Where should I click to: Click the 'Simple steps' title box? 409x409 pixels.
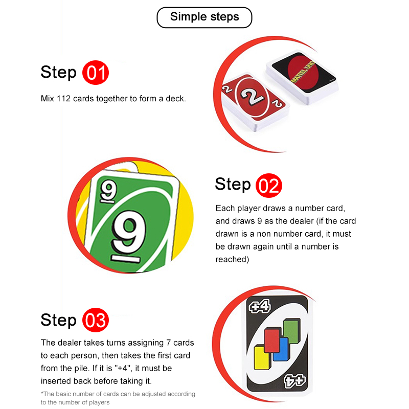[x=204, y=17]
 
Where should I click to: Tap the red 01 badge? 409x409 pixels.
[x=96, y=73]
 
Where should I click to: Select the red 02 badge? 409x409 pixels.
[x=269, y=186]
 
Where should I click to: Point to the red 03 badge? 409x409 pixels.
[x=96, y=320]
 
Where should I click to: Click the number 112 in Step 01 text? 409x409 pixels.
[x=63, y=99]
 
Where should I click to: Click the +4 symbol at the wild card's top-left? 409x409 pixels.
[x=259, y=307]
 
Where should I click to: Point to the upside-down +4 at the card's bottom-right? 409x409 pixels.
[x=295, y=381]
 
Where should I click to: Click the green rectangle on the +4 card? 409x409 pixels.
[x=291, y=331]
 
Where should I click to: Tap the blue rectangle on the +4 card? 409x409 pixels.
[x=281, y=349]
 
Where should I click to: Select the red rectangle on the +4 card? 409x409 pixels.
[x=273, y=340]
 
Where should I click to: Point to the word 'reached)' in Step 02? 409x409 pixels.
[x=232, y=259]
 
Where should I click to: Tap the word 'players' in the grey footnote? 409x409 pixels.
[x=99, y=402]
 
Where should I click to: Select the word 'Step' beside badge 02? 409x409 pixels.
[x=233, y=185]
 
